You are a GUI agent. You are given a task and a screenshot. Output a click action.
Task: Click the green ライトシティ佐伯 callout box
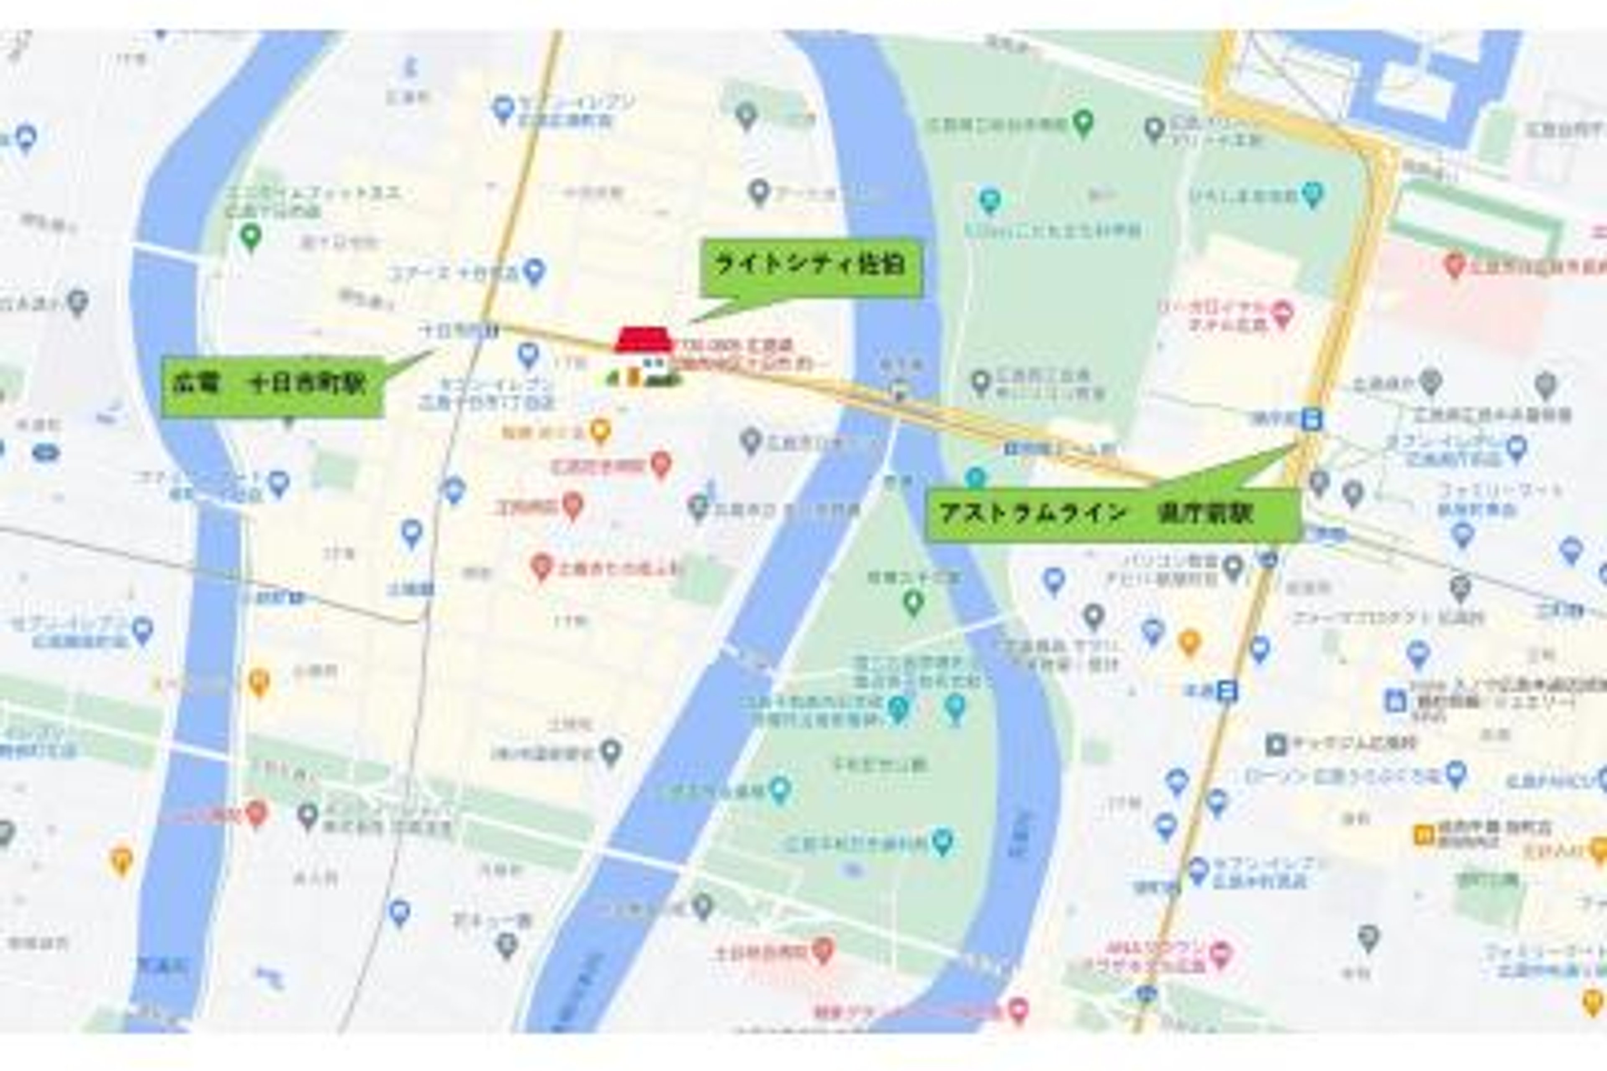click(x=811, y=267)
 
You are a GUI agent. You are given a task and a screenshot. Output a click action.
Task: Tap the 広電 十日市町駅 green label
click(x=272, y=386)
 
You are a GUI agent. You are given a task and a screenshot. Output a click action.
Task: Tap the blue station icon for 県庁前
click(x=1310, y=419)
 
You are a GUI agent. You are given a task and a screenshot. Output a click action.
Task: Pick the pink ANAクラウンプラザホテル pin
click(x=1222, y=951)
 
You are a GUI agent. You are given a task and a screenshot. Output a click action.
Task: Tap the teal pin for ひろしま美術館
click(x=1312, y=194)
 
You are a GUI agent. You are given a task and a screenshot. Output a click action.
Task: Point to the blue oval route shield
click(x=46, y=452)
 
